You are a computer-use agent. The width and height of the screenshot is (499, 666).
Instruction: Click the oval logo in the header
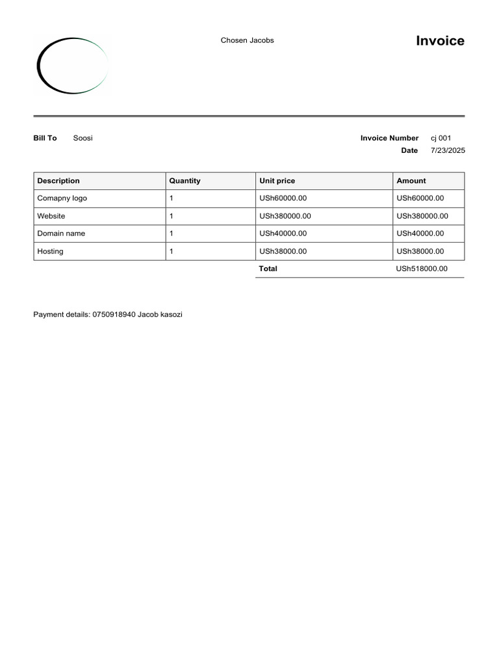point(72,66)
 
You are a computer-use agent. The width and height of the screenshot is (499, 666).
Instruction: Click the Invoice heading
point(440,41)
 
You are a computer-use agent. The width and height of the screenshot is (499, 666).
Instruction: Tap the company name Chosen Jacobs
point(247,40)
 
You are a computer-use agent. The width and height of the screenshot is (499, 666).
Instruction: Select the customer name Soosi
point(83,138)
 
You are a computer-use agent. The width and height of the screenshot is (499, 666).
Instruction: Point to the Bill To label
point(45,138)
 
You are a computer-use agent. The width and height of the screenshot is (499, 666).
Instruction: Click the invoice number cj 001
point(441,138)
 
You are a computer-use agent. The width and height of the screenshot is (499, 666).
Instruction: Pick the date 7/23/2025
point(448,151)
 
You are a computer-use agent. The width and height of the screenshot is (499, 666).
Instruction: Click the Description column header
point(58,181)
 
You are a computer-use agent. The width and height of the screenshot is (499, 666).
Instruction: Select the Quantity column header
point(185,181)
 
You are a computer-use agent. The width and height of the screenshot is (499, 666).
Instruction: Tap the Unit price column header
point(277,181)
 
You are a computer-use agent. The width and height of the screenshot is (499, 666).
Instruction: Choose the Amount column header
point(411,181)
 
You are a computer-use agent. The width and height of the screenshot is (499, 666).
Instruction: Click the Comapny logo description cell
point(62,198)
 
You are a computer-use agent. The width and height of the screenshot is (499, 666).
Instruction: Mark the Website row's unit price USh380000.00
point(285,216)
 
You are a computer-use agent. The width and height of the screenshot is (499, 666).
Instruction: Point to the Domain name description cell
point(61,233)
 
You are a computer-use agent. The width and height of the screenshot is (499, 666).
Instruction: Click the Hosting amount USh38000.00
point(420,251)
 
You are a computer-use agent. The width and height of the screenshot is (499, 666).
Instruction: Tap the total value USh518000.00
point(422,269)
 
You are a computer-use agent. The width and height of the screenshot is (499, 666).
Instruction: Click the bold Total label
point(268,269)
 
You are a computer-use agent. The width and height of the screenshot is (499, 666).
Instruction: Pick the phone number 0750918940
point(114,315)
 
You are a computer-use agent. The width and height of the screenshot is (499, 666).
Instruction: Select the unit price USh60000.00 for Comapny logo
point(283,198)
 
